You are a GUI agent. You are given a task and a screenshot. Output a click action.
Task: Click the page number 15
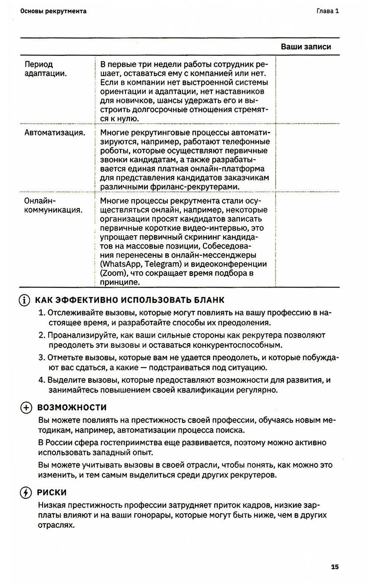pyautogui.click(x=335, y=567)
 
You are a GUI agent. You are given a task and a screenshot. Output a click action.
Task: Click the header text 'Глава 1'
pyautogui.click(x=328, y=11)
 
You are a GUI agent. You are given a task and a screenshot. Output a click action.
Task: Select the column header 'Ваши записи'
pyautogui.click(x=306, y=47)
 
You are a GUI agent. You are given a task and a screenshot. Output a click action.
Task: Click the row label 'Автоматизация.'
pyautogui.click(x=55, y=133)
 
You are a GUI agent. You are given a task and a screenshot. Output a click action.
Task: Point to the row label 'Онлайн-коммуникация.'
pyautogui.click(x=53, y=205)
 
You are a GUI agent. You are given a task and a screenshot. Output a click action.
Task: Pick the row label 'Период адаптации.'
pyautogui.click(x=45, y=69)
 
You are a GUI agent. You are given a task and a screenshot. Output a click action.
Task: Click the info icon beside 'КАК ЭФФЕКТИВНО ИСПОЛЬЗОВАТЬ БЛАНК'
pyautogui.click(x=24, y=300)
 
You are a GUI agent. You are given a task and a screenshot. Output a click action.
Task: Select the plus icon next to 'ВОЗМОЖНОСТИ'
pyautogui.click(x=26, y=408)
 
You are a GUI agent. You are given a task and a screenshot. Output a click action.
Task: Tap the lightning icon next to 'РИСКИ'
pyautogui.click(x=26, y=493)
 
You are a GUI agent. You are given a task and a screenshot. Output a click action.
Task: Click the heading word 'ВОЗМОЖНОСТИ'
pyautogui.click(x=72, y=408)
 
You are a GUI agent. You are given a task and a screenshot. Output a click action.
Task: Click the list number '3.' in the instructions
pyautogui.click(x=42, y=358)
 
